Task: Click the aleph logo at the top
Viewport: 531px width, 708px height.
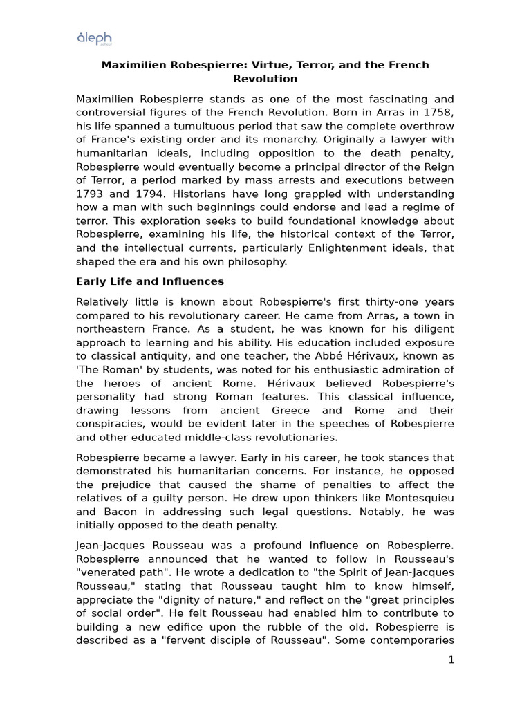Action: coord(94,39)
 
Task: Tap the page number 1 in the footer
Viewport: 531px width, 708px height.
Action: coord(451,660)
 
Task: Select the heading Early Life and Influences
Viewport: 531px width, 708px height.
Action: coord(149,281)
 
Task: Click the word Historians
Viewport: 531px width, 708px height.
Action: coord(219,194)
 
